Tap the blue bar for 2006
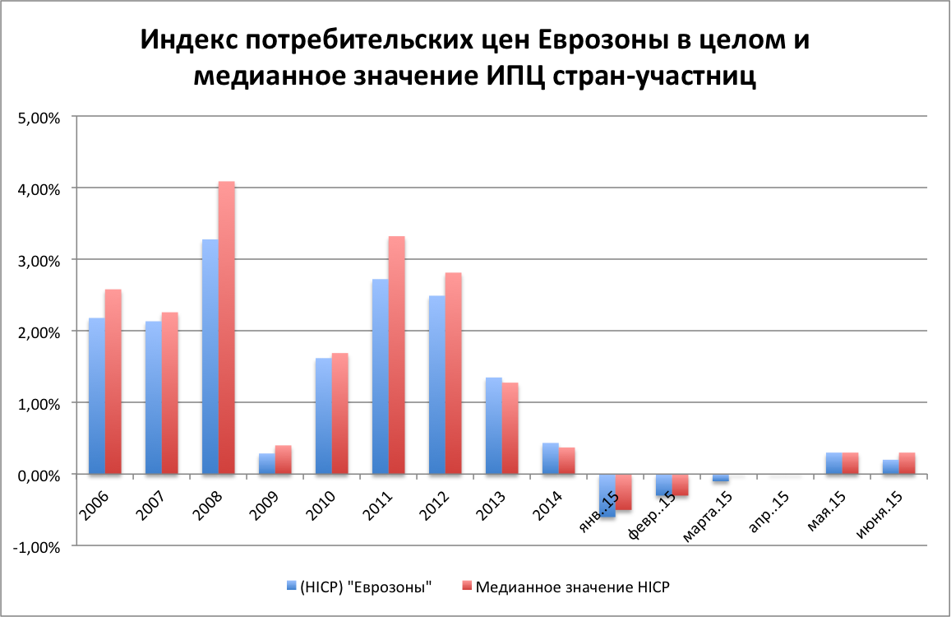[x=96, y=396]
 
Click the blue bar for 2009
[x=267, y=464]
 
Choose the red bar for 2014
[x=566, y=461]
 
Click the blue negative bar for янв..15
[x=607, y=495]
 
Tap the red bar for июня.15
[x=907, y=463]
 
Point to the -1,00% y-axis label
[x=38, y=546]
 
